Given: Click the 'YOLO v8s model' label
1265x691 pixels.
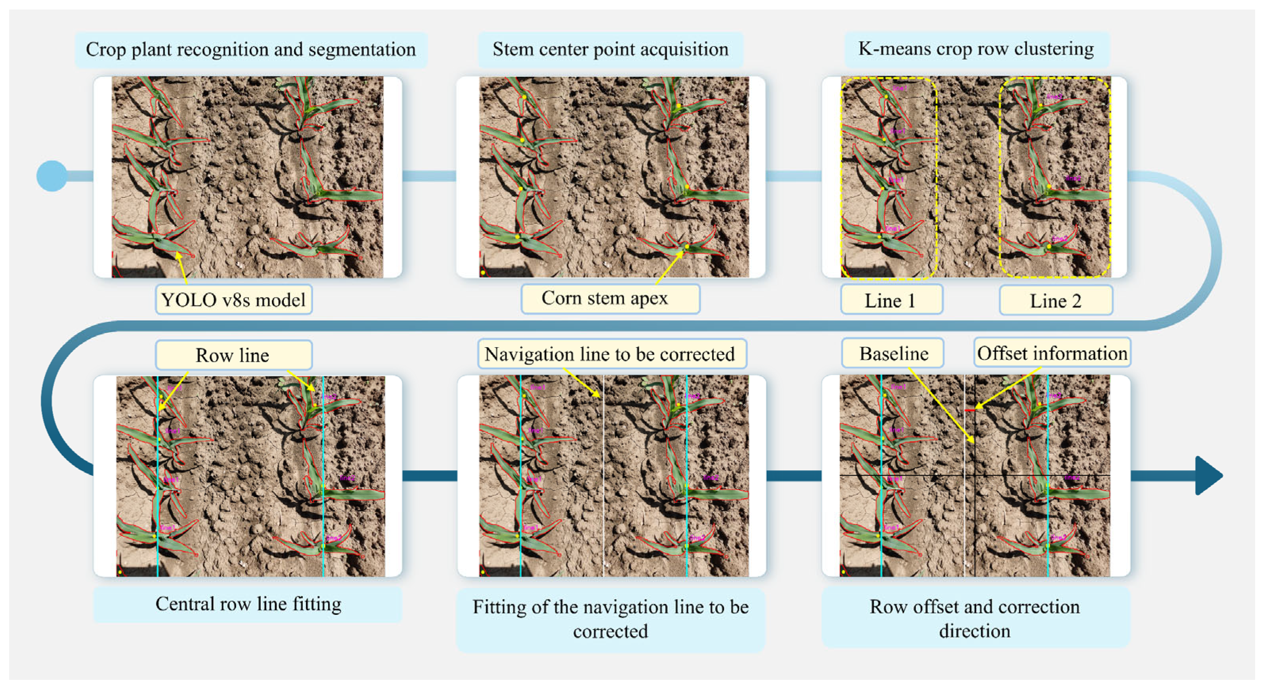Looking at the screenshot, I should pyautogui.click(x=234, y=300).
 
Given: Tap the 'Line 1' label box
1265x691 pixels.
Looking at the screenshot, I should pyautogui.click(x=891, y=300).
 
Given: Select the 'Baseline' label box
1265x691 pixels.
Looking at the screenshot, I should pyautogui.click(x=893, y=353).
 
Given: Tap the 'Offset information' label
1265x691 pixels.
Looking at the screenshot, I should pyautogui.click(x=1052, y=353).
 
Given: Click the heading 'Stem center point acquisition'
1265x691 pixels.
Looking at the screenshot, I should pyautogui.click(x=610, y=49).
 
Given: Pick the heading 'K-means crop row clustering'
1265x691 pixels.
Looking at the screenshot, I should pyautogui.click(x=976, y=49).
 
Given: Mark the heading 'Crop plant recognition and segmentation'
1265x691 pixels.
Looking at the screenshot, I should pyautogui.click(x=251, y=49).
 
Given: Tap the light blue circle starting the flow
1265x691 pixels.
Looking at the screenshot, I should pyautogui.click(x=52, y=176).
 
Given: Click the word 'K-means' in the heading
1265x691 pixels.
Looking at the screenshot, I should pyautogui.click(x=883, y=49).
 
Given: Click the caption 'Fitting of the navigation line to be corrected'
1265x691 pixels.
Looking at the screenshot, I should pyautogui.click(x=610, y=619).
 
